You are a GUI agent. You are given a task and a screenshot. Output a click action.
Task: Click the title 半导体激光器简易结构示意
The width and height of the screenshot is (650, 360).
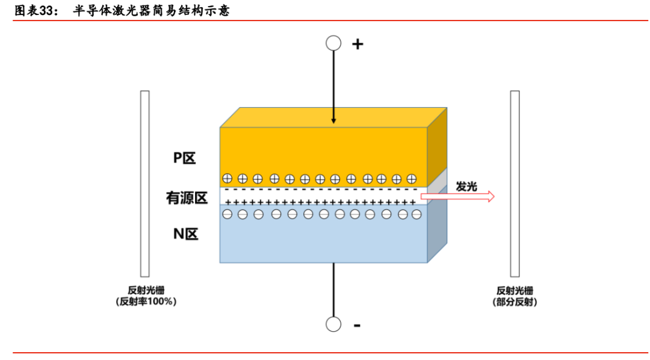pyautogui.click(x=151, y=10)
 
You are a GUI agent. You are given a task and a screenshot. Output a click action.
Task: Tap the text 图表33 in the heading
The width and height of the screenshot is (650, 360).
pyautogui.click(x=34, y=10)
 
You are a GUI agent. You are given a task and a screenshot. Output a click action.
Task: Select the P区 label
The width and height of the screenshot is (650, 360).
pyautogui.click(x=185, y=158)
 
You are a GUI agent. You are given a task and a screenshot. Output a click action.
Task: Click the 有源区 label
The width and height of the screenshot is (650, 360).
pyautogui.click(x=187, y=197)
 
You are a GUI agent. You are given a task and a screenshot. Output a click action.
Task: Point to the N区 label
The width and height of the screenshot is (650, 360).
pyautogui.click(x=185, y=234)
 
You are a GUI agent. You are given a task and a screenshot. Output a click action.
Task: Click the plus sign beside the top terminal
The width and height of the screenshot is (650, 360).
pyautogui.click(x=357, y=43)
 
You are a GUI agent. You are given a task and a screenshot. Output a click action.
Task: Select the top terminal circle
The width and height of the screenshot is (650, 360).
pyautogui.click(x=333, y=43)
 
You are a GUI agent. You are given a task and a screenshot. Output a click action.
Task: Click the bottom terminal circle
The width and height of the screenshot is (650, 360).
pyautogui.click(x=333, y=324)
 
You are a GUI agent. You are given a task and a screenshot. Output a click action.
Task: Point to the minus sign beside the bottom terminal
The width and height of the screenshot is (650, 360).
pyautogui.click(x=357, y=325)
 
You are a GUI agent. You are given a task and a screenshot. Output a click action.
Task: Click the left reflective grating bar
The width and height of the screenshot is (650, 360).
pyautogui.click(x=144, y=183)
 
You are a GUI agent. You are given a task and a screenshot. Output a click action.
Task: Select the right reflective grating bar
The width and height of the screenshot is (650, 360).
pyautogui.click(x=515, y=183)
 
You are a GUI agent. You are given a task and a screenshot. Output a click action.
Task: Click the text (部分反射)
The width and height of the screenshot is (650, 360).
pyautogui.click(x=515, y=302)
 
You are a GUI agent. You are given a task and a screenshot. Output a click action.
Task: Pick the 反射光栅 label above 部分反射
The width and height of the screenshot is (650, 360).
pyautogui.click(x=515, y=290)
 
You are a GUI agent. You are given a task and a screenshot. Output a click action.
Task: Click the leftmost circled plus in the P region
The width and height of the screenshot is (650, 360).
pyautogui.click(x=227, y=178)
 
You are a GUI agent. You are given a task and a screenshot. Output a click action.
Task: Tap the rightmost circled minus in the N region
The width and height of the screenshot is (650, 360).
pyautogui.click(x=415, y=214)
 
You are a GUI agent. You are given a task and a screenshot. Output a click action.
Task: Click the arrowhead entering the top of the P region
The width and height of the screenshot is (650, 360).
pyautogui.click(x=333, y=122)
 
